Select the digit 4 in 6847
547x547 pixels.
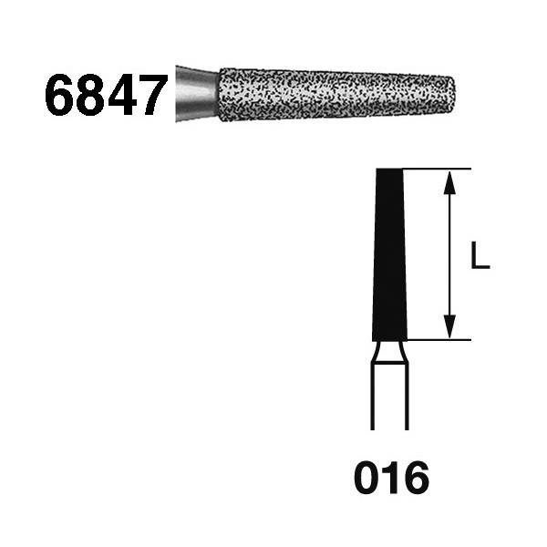[119, 95]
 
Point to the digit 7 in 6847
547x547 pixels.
[150, 95]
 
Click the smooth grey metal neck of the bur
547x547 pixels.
[197, 94]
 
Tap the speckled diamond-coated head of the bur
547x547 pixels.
[337, 95]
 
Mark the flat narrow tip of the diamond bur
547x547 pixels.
[453, 95]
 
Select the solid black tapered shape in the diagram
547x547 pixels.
[389, 254]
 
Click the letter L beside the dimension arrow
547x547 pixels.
[480, 256]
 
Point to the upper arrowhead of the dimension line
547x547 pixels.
[450, 182]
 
